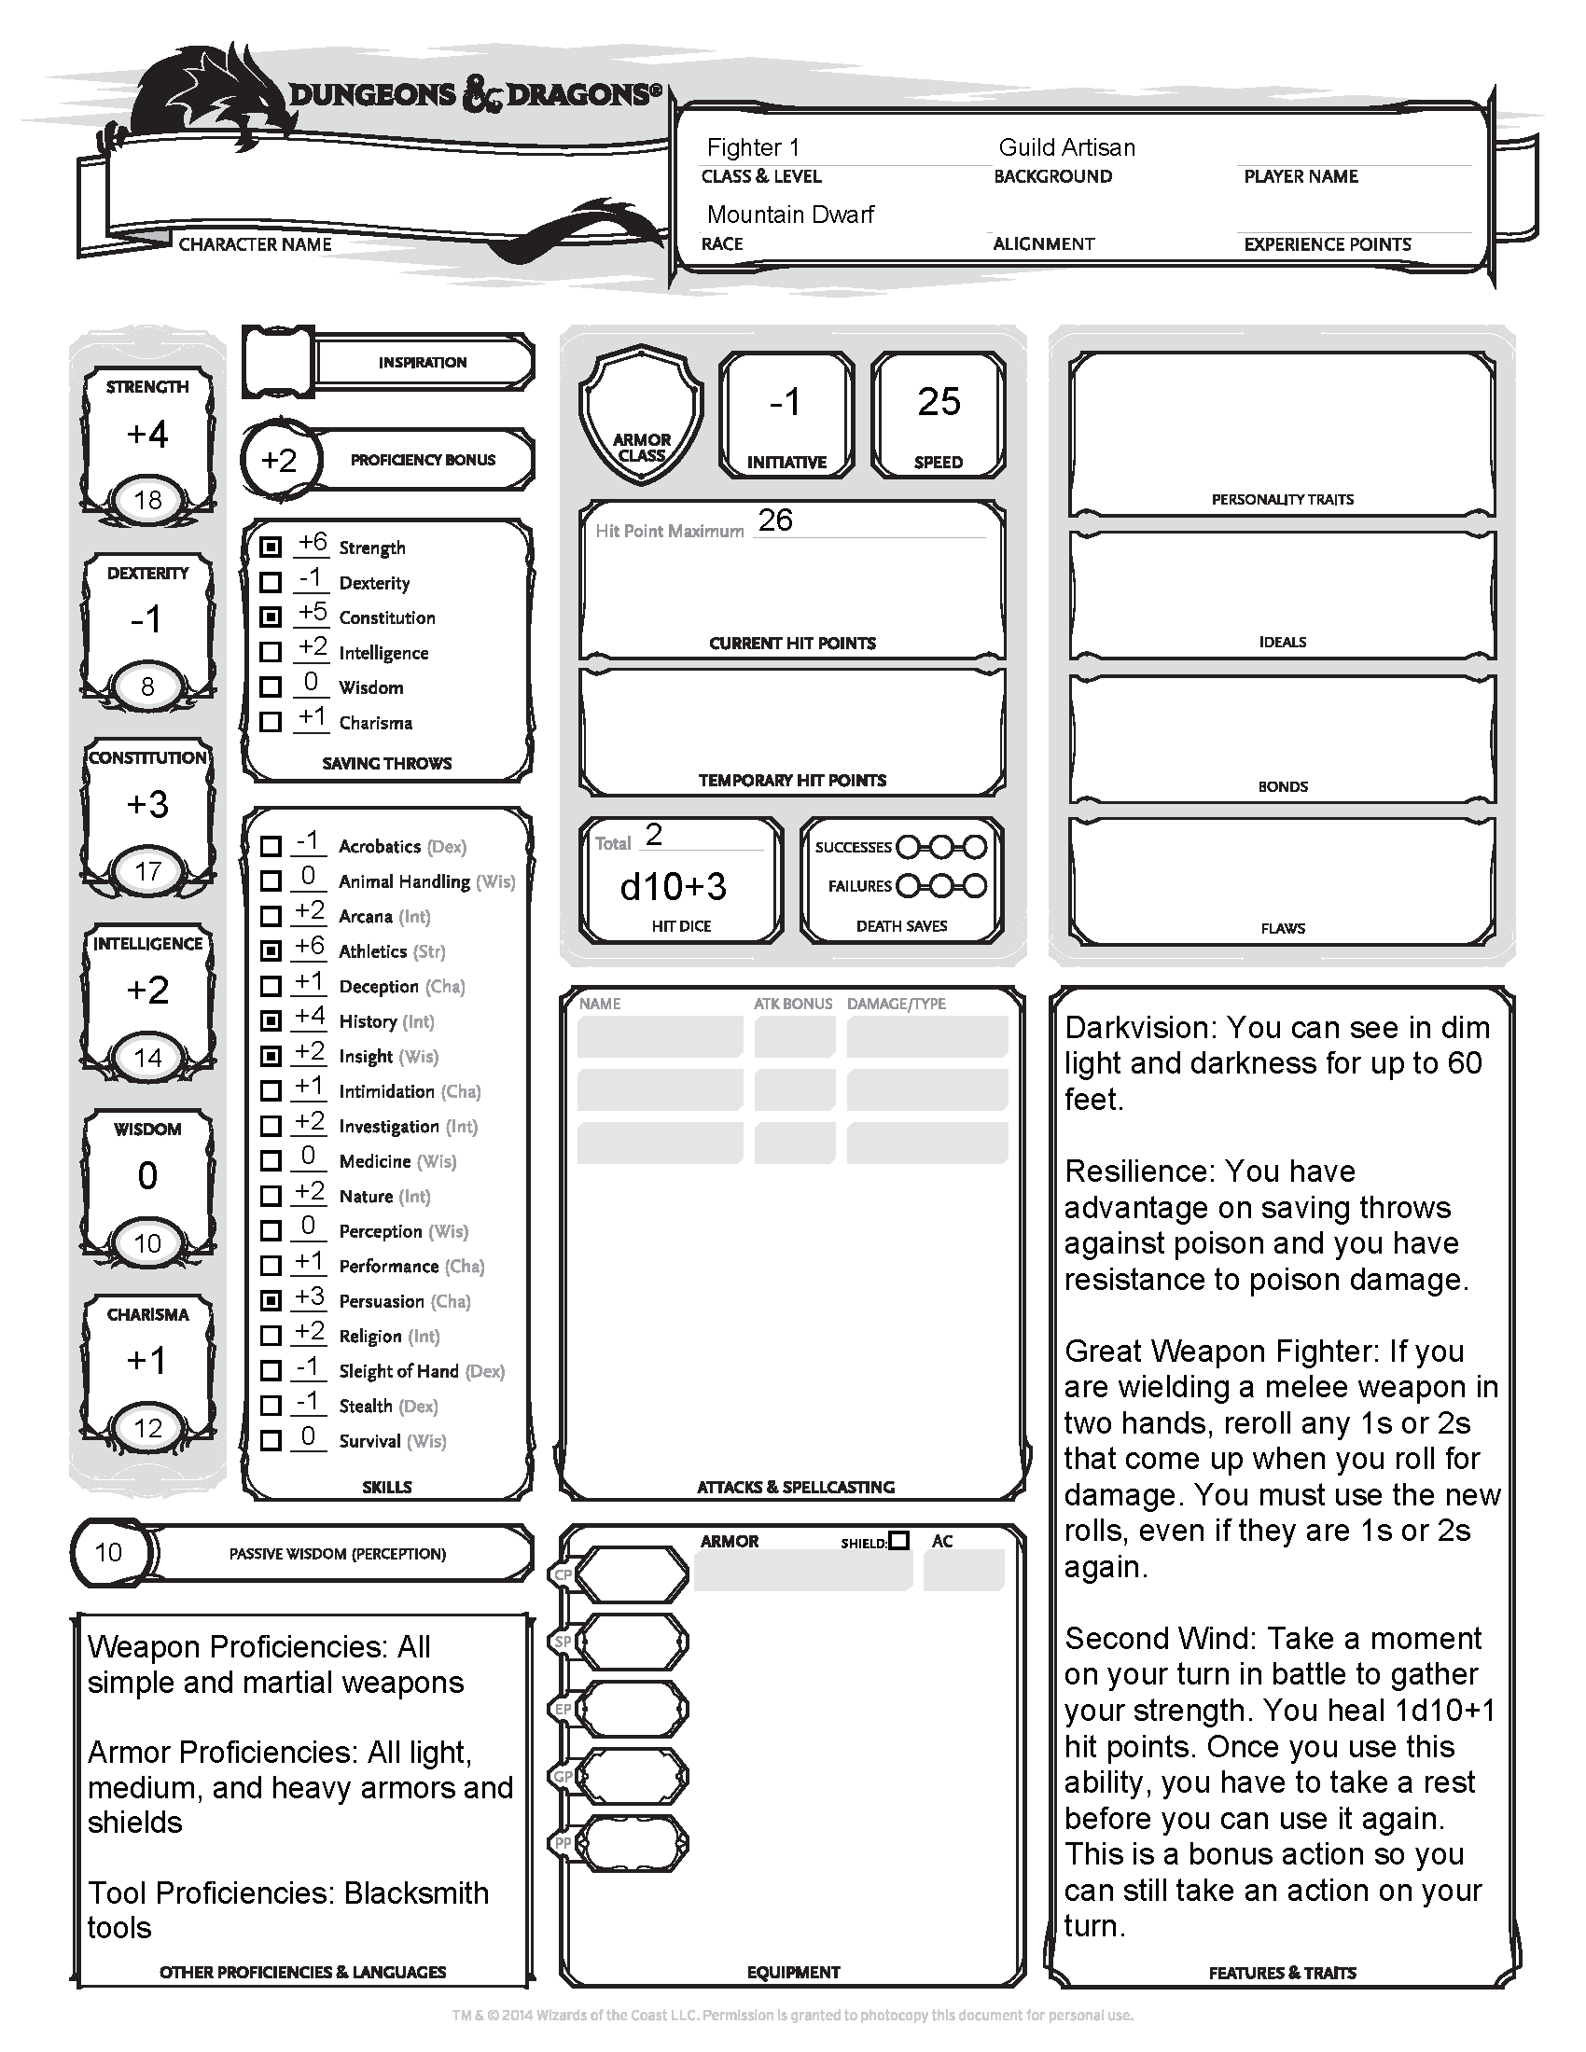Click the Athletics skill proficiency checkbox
[x=271, y=950]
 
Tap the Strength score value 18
[x=147, y=500]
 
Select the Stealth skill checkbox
[x=271, y=1406]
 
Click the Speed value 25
[x=939, y=402]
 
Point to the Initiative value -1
[x=786, y=402]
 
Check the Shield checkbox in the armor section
[x=899, y=1541]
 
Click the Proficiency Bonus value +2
[x=279, y=461]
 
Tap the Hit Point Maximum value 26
[x=775, y=520]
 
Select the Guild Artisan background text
[x=1066, y=147]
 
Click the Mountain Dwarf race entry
[x=790, y=215]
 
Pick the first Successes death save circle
[x=908, y=847]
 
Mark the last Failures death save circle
[x=976, y=886]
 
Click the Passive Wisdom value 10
[x=108, y=1553]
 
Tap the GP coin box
[x=632, y=1777]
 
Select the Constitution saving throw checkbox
[x=271, y=617]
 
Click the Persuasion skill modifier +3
[x=309, y=1296]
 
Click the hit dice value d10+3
[x=674, y=886]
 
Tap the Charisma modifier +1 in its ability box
[x=147, y=1361]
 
